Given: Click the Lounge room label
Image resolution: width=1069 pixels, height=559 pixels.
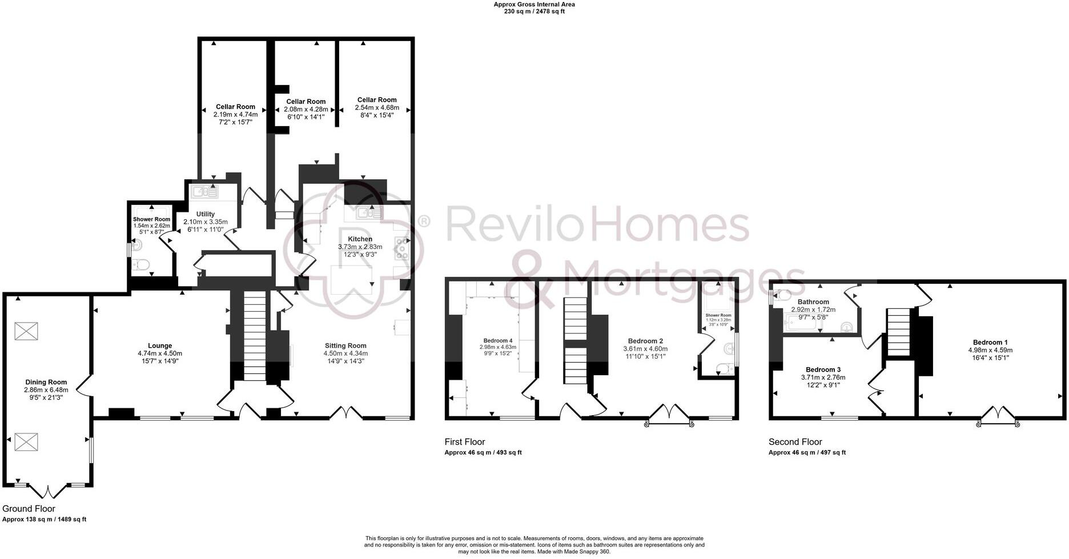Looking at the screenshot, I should (x=160, y=345).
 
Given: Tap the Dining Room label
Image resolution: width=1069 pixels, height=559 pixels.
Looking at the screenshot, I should (x=46, y=382).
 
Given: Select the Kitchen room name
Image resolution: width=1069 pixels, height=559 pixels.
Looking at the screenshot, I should (x=360, y=239).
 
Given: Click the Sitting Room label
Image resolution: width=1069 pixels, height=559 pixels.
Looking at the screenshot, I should (x=345, y=345).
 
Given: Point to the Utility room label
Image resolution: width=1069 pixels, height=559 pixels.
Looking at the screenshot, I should (x=205, y=214).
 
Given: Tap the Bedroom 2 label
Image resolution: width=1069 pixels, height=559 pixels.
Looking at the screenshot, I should (x=645, y=341).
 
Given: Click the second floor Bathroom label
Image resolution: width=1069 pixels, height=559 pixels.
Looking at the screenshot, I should (x=813, y=302).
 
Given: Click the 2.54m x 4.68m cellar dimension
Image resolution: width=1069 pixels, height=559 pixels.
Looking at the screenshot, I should (x=377, y=107).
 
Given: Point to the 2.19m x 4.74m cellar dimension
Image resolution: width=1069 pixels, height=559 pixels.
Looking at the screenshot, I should (x=235, y=114).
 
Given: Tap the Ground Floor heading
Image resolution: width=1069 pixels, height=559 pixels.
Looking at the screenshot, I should (x=29, y=509).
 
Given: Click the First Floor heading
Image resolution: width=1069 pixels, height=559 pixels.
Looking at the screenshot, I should (x=464, y=442).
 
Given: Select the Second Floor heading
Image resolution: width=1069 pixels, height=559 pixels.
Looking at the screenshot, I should (x=795, y=442).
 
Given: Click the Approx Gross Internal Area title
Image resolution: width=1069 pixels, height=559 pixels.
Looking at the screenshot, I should (x=534, y=5).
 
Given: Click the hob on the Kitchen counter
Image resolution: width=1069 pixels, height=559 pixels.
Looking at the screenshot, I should (x=402, y=248).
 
